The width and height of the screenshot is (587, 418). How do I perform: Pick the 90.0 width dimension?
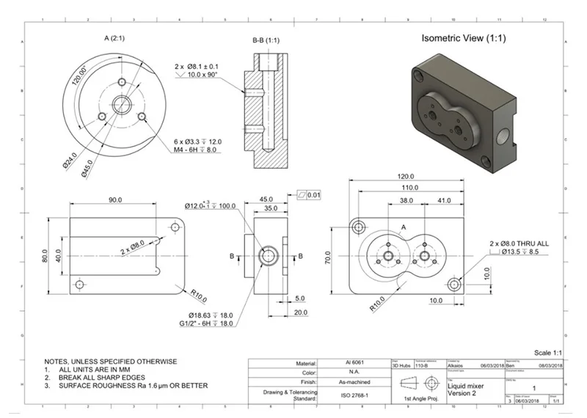[x=116, y=199]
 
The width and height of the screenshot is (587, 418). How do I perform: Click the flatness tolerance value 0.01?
[x=314, y=194]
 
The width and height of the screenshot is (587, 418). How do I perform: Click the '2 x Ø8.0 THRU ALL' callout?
[x=519, y=243]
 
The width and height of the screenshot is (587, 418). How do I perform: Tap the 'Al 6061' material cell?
[x=353, y=363]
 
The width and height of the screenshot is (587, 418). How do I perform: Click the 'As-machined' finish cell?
[x=353, y=382]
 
